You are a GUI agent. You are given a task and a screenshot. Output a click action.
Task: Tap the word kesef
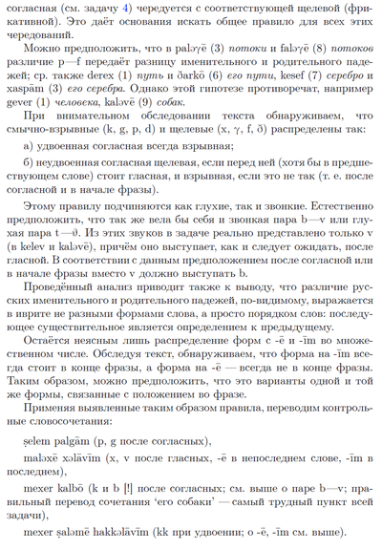(x=271, y=102)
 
